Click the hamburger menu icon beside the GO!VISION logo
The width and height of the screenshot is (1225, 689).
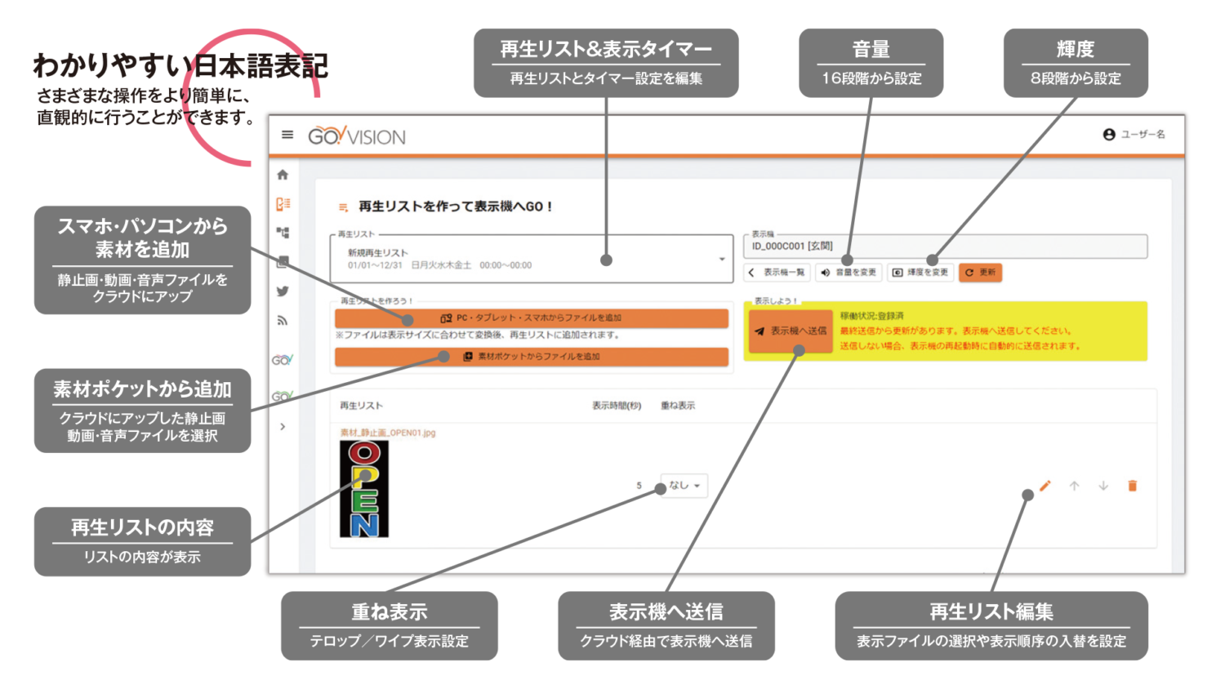click(287, 135)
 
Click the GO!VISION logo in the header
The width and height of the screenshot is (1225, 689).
click(357, 136)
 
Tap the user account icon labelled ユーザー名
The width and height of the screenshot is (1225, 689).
click(1109, 135)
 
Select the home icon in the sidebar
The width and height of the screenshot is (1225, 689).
click(283, 175)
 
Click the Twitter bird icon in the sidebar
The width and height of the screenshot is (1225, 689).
click(283, 291)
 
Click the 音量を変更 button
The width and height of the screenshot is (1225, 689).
click(849, 273)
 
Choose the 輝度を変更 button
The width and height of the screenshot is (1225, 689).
click(920, 273)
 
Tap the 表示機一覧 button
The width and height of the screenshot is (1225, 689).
click(777, 273)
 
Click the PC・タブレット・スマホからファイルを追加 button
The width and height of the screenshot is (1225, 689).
click(531, 318)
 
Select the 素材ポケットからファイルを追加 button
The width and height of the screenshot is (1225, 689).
click(531, 357)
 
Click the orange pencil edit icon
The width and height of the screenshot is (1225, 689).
click(1045, 486)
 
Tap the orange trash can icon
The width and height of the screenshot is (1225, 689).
click(1133, 486)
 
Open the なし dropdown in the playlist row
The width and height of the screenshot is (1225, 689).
click(684, 486)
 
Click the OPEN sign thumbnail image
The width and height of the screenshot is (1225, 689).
click(364, 489)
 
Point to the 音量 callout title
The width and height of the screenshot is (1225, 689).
click(871, 50)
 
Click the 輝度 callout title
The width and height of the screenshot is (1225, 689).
click(1075, 50)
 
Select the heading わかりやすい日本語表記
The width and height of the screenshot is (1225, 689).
click(180, 66)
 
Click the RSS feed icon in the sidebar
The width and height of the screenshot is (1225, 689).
click(283, 321)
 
